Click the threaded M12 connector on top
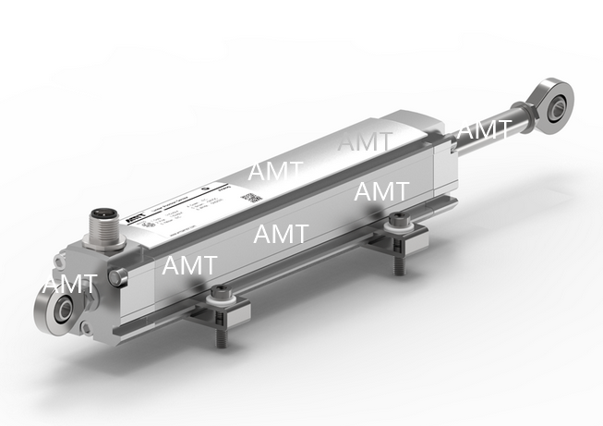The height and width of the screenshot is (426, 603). click(101, 225)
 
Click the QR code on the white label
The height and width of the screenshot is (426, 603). click(249, 197)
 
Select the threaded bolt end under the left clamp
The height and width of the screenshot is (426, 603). click(222, 340)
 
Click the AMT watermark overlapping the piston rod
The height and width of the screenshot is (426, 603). click(484, 130)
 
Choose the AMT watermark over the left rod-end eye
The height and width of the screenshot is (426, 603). click(69, 284)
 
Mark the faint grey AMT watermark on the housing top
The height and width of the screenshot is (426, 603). click(365, 141)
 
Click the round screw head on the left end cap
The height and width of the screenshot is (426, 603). click(114, 275)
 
